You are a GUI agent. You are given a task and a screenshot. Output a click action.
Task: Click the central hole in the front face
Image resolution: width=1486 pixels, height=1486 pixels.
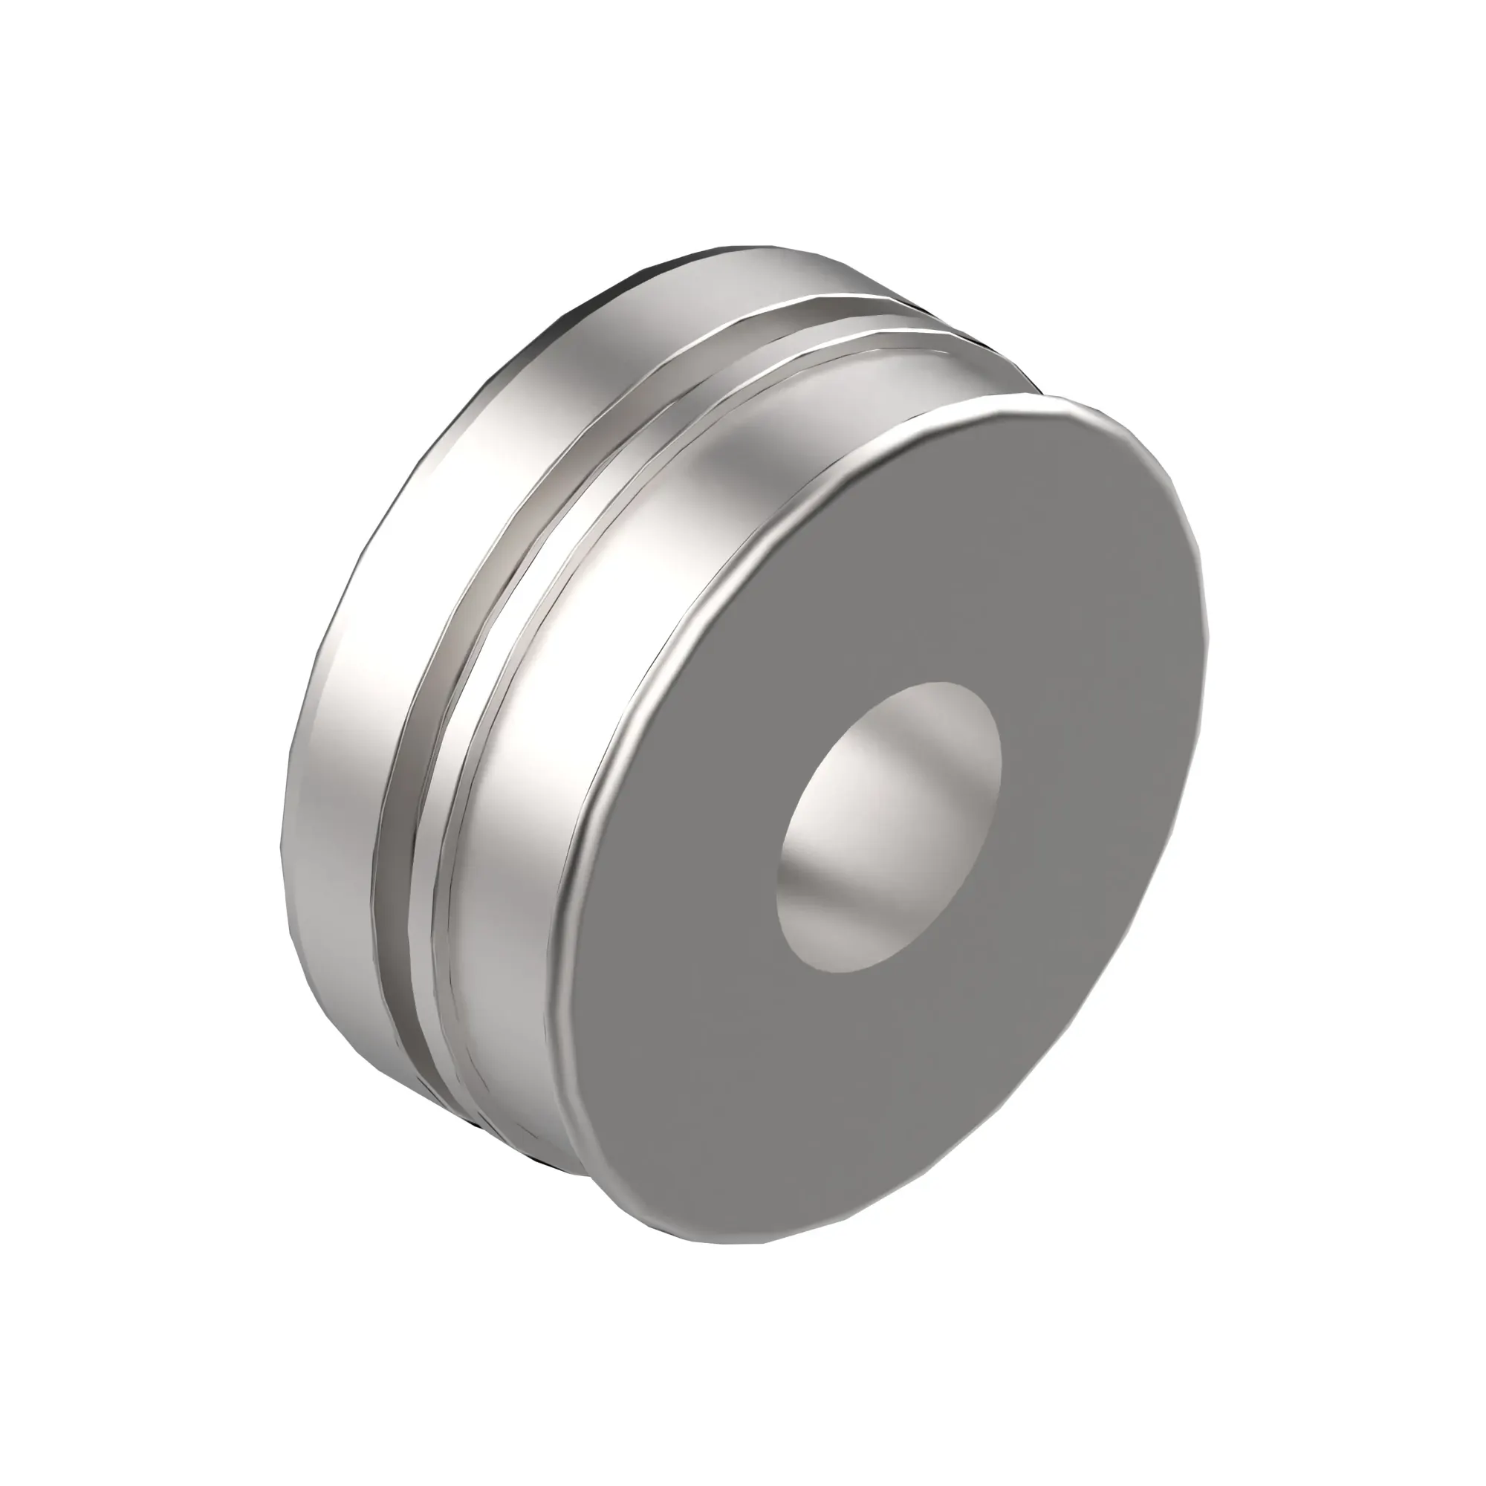pos(889,826)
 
